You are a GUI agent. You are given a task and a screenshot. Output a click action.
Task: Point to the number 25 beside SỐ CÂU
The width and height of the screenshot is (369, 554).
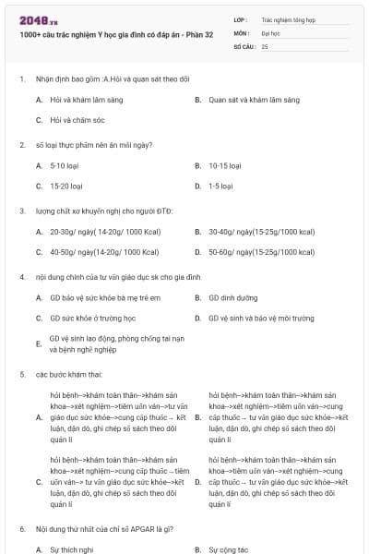coord(266,45)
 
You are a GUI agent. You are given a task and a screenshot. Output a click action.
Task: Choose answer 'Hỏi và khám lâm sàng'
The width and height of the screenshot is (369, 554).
coord(87,99)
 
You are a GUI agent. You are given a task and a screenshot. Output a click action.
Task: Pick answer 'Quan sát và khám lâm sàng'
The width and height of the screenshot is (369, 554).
coord(254,99)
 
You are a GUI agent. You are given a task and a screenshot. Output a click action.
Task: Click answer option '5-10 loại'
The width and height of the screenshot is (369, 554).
coord(66,165)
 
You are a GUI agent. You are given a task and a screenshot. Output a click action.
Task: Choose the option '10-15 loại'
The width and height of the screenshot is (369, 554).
coord(224,165)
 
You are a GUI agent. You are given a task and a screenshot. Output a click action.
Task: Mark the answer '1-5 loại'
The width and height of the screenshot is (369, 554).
coord(220,187)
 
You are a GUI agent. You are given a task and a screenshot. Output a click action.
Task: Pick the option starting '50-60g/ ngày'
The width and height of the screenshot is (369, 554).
coord(262,252)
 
